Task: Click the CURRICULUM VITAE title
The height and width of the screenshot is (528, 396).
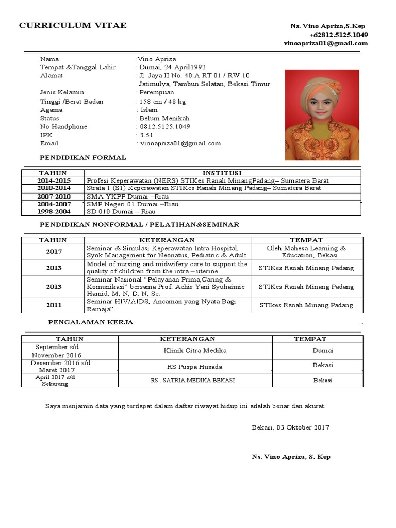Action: pyautogui.click(x=72, y=26)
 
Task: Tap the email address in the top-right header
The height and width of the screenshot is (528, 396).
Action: pyautogui.click(x=325, y=43)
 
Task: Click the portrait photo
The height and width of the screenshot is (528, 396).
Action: pyautogui.click(x=322, y=115)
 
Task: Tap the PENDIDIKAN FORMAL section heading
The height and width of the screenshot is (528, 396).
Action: pyautogui.click(x=82, y=157)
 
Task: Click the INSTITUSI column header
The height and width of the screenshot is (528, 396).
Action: pyautogui.click(x=222, y=173)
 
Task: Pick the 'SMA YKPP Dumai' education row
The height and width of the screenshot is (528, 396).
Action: pyautogui.click(x=134, y=196)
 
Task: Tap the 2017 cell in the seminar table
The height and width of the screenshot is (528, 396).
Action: pyautogui.click(x=54, y=252)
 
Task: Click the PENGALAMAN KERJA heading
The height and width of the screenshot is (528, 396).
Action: pyautogui.click(x=91, y=322)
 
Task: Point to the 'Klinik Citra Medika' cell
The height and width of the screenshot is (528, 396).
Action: pyautogui.click(x=195, y=351)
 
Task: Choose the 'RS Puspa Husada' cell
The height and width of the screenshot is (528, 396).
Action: pyautogui.click(x=195, y=367)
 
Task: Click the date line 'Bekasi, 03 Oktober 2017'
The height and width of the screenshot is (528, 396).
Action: pyautogui.click(x=290, y=427)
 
